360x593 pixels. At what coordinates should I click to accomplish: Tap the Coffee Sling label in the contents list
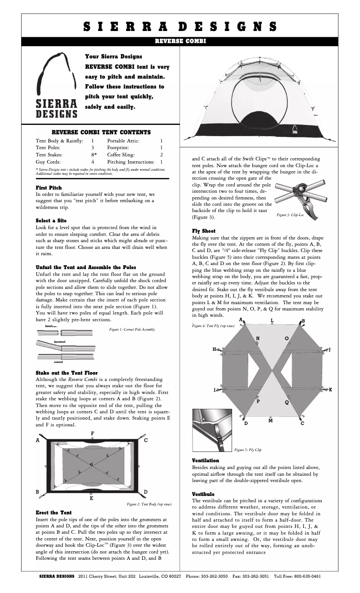click(x=121, y=154)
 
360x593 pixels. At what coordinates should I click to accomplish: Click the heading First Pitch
click(x=49, y=187)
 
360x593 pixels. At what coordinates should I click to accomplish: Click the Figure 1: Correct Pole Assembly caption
click(x=132, y=329)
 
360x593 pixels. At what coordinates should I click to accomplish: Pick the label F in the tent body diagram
click(x=92, y=433)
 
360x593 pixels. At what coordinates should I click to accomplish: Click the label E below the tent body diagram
click(x=92, y=498)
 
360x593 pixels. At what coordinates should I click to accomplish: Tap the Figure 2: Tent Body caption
click(x=149, y=504)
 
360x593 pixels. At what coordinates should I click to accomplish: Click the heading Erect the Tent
click(x=53, y=512)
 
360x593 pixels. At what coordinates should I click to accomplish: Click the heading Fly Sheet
click(x=204, y=231)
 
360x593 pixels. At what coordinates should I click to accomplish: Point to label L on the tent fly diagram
click(x=272, y=320)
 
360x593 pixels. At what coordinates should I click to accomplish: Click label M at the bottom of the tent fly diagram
click(x=270, y=420)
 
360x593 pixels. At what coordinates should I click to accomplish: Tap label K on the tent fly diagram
click(x=330, y=389)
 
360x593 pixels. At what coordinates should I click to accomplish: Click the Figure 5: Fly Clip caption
click(x=248, y=449)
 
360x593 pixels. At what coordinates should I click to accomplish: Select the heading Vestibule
click(x=204, y=494)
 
